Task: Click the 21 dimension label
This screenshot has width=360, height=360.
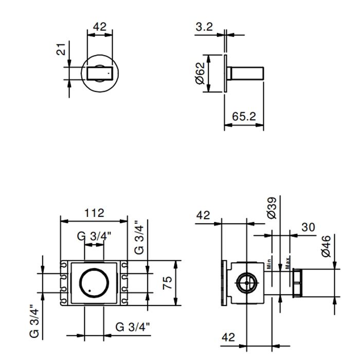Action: point(61,50)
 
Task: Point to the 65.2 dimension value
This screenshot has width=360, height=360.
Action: point(243,116)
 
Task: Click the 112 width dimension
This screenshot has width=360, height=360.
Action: point(94,213)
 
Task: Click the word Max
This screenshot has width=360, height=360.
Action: point(289,263)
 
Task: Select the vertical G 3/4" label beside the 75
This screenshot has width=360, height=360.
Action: point(139,237)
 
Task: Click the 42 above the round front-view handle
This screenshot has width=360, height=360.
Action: point(100,27)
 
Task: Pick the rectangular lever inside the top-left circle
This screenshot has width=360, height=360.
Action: point(100,73)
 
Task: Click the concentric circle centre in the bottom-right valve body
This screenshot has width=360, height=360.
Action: point(247,283)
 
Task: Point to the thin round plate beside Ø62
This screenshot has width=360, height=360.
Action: point(225,73)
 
